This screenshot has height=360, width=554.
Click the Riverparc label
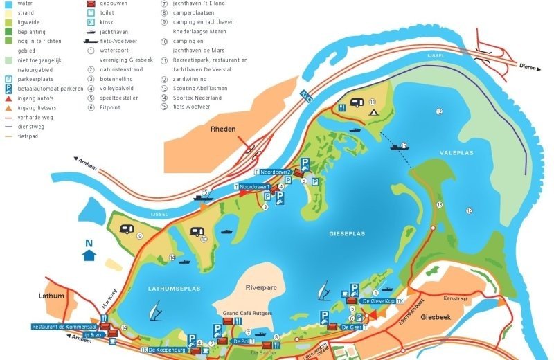260,287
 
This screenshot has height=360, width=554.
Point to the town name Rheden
223,129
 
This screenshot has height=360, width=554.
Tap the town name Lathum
52,296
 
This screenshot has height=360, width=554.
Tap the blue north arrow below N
89,255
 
